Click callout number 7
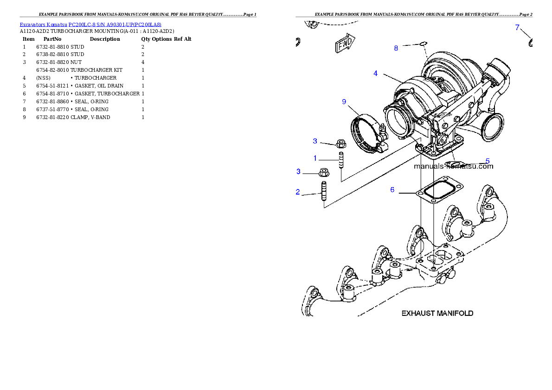pyautogui.click(x=517, y=27)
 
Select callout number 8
pyautogui.click(x=396, y=48)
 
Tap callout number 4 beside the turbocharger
pyautogui.click(x=375, y=73)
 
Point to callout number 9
pyautogui.click(x=344, y=101)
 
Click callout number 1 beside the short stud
pyautogui.click(x=315, y=158)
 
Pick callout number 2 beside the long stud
pyautogui.click(x=298, y=192)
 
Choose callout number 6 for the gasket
pyautogui.click(x=392, y=189)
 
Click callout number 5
pyautogui.click(x=488, y=161)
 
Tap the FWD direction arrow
pyautogui.click(x=344, y=44)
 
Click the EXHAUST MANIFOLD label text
pyautogui.click(x=437, y=313)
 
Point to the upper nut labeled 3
pyautogui.click(x=339, y=143)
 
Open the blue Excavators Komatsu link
pyautogui.click(x=90, y=25)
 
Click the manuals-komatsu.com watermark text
pyautogui.click(x=453, y=166)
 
